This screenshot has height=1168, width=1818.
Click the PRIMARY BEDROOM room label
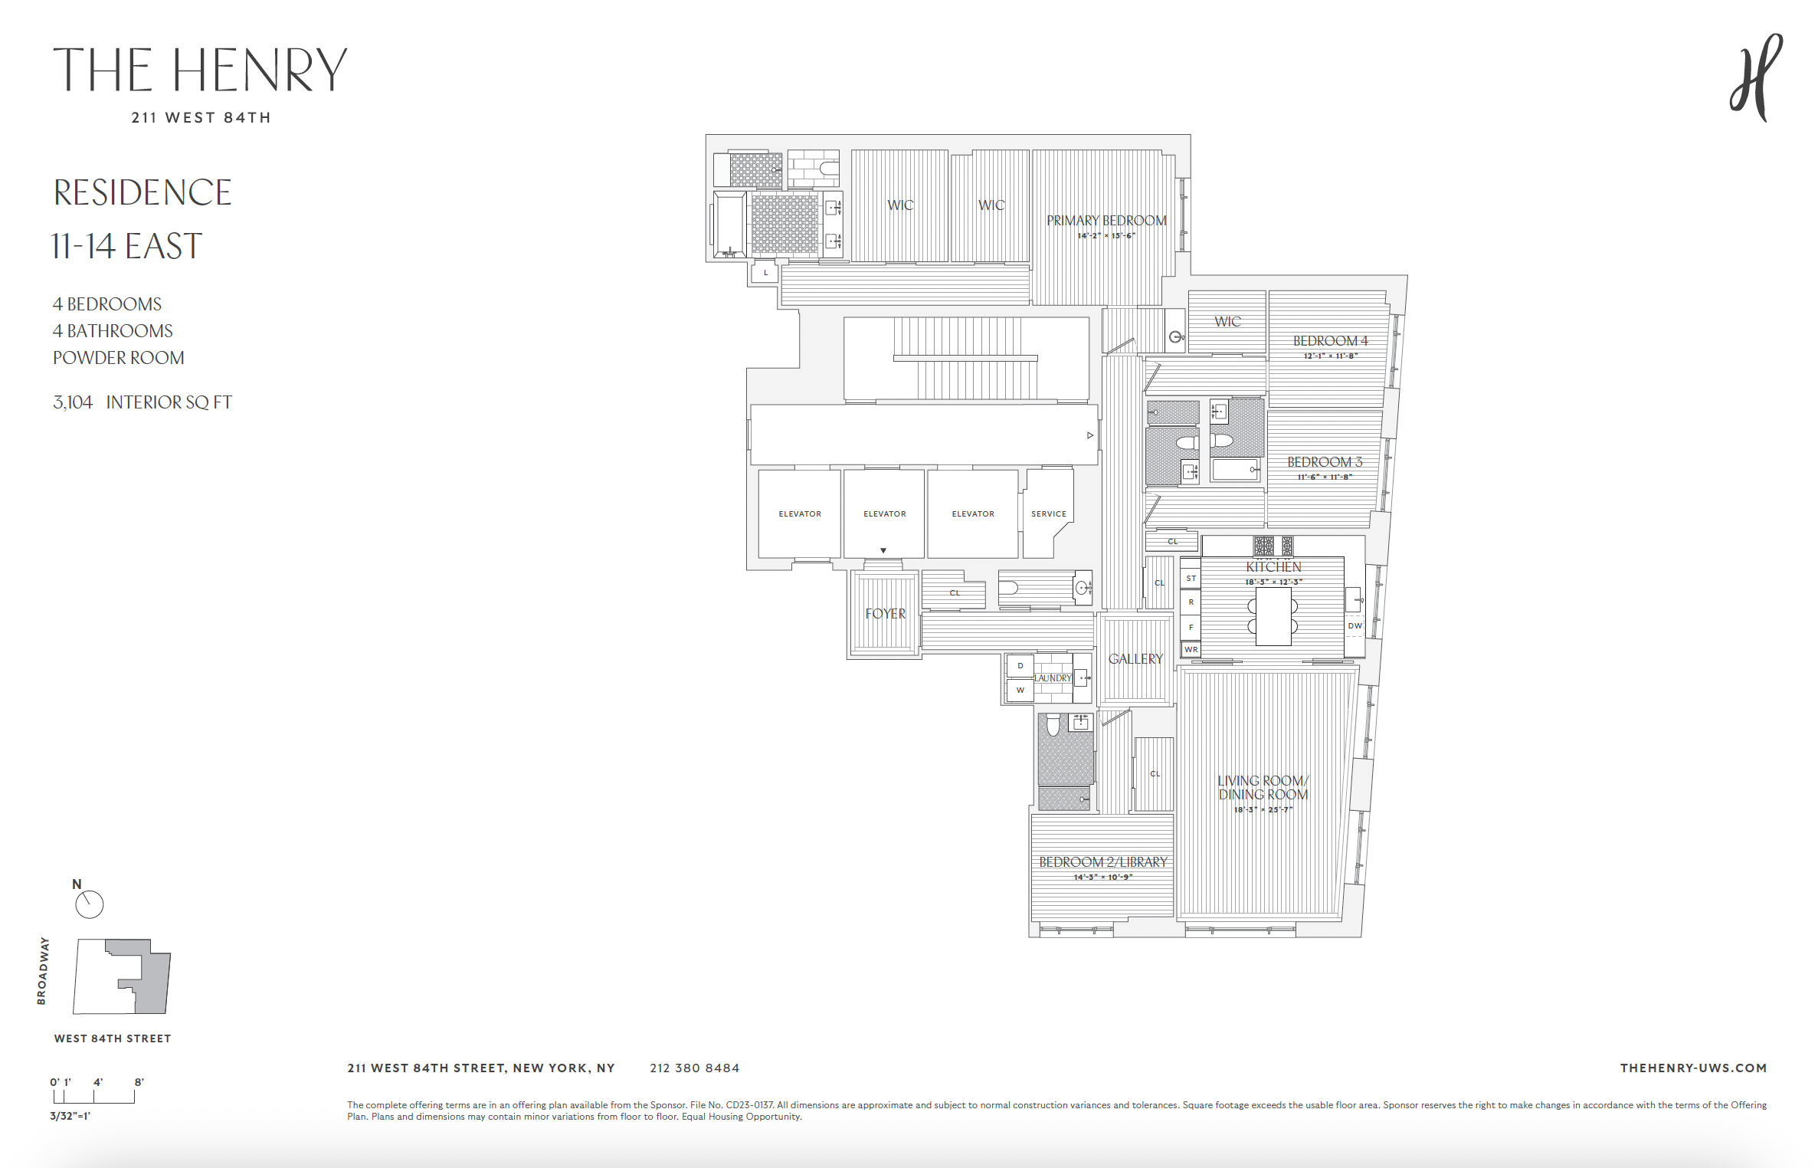(1106, 221)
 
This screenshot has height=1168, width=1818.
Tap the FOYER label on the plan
(885, 614)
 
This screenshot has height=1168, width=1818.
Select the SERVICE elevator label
(1048, 514)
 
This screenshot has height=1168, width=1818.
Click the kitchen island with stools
(1273, 616)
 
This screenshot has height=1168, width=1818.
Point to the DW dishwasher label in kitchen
(1354, 626)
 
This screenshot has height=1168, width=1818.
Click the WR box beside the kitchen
(1191, 650)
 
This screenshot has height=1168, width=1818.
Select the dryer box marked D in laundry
(1020, 666)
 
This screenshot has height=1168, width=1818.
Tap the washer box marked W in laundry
(1020, 691)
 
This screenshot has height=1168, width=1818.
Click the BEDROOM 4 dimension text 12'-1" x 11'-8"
(1330, 356)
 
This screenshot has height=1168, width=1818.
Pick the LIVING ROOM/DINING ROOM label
(1263, 788)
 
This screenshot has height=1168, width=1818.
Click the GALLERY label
(1135, 659)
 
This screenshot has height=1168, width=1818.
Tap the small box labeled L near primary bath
(765, 272)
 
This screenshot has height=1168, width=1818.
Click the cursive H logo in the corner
(1756, 77)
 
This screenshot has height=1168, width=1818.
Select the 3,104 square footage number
(73, 402)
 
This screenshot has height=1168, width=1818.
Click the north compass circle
(89, 904)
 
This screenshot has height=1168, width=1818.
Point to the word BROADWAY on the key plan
(42, 970)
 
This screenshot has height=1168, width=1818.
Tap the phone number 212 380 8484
(694, 1068)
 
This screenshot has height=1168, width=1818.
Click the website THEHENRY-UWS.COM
(1692, 1068)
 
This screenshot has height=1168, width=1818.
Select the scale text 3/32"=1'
(70, 1116)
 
